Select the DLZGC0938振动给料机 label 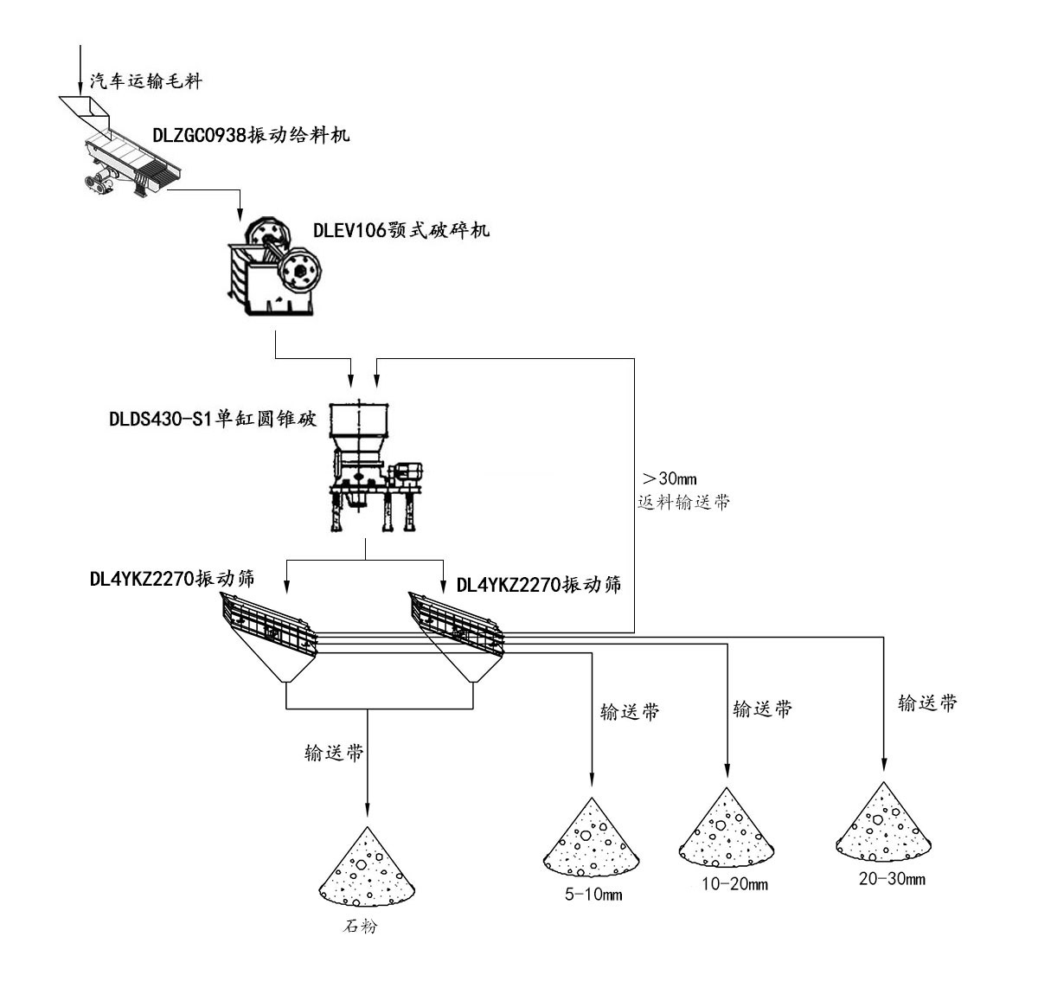point(251,135)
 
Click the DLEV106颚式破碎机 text point(400,230)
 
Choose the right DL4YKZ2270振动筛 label point(539,584)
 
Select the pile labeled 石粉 point(368,869)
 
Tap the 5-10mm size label point(593,895)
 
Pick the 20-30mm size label point(892,880)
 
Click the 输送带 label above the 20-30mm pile point(927,703)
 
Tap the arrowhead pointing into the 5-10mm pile point(593,776)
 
